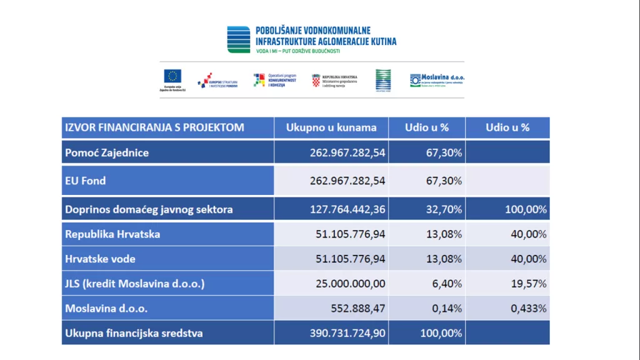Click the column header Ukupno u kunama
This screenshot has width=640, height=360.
pos(331,127)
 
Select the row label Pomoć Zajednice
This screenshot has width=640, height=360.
pos(107,152)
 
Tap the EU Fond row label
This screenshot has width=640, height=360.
pos(86,181)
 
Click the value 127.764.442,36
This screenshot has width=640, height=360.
pos(347,209)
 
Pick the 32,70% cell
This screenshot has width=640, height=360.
pos(444,209)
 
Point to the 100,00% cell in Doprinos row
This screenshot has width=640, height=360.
pos(526,209)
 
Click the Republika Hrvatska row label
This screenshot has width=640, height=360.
pos(112,234)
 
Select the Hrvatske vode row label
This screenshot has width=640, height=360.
pos(100,259)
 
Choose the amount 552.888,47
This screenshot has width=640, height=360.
pos(358,308)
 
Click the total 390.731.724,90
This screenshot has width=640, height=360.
pos(347,333)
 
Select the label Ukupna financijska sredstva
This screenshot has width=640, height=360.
pos(134,333)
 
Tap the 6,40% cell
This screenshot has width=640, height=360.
pos(447,284)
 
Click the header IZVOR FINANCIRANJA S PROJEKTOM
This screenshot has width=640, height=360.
pos(154,127)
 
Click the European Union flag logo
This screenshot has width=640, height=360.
pos(172,76)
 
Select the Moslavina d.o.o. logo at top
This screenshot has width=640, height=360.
pos(437,80)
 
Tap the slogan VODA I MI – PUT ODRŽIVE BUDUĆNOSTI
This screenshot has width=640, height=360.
pos(298,50)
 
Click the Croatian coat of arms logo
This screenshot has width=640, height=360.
pos(316,80)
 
